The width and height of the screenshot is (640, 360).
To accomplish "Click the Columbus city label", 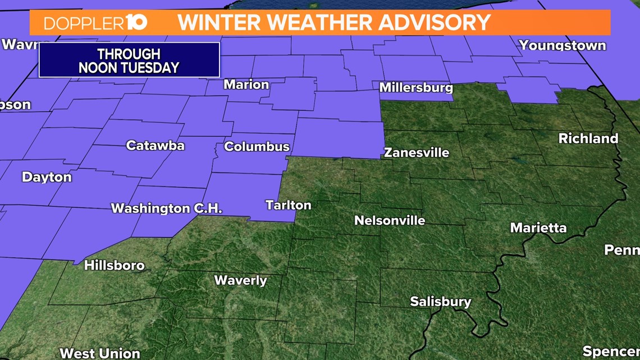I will click(257, 147).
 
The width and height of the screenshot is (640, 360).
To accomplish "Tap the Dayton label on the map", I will click(47, 177).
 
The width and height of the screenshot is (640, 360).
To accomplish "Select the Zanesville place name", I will click(417, 152).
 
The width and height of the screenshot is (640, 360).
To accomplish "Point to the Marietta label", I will click(538, 227).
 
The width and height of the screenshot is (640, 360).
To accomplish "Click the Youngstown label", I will click(562, 45).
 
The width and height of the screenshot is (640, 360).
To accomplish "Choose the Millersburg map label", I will click(415, 88).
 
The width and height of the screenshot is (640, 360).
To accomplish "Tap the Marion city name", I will click(246, 85).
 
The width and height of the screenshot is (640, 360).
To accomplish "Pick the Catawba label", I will click(155, 145).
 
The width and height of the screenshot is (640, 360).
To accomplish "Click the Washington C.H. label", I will click(166, 208).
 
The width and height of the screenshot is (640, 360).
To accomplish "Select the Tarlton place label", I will click(288, 205).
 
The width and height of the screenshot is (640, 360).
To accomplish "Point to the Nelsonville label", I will click(390, 220).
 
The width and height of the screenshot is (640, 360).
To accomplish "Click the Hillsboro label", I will click(114, 265).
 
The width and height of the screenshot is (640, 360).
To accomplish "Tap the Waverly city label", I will click(240, 280).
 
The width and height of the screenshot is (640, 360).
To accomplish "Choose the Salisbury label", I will click(440, 302).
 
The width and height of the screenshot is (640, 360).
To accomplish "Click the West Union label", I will click(99, 353).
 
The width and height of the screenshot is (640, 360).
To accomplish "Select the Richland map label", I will click(588, 138).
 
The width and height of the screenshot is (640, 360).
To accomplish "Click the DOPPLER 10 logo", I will click(95, 22).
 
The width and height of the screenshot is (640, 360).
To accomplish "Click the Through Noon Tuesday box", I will click(129, 60).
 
